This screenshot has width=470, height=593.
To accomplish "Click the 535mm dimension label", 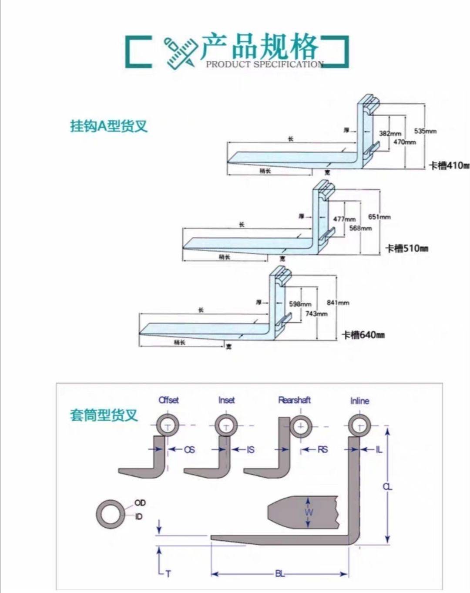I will [x=425, y=131].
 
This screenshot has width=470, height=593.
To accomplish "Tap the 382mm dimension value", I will [x=389, y=134].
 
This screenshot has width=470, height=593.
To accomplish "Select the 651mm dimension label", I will [x=379, y=217].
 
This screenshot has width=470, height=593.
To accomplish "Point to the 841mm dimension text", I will [x=338, y=303].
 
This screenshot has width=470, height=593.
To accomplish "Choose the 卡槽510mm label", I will [x=406, y=249].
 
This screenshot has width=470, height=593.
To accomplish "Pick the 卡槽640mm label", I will [x=363, y=335].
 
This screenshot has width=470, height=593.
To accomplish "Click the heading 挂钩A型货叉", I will [x=109, y=126].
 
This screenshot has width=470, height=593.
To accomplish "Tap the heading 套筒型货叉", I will [x=104, y=415].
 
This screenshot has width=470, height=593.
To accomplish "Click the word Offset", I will [x=168, y=400].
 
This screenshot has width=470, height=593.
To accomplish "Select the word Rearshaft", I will [x=295, y=400].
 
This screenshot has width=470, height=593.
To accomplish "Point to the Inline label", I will [x=359, y=401].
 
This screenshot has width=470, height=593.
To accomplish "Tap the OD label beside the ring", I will [x=140, y=503].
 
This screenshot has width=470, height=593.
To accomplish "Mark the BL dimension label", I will [x=279, y=574].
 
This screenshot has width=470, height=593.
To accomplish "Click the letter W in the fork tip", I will [x=309, y=512].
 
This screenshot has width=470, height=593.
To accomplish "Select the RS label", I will [x=322, y=450].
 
